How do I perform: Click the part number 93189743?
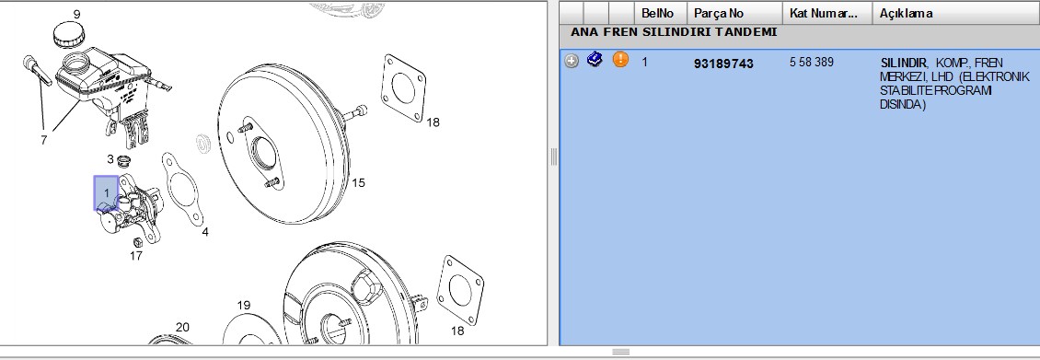point(723,64)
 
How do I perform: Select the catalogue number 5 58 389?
point(811,63)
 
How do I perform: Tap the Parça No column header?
point(718,13)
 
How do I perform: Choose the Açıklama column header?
point(906,13)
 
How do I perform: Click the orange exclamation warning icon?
point(620,60)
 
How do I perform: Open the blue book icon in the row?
point(595,60)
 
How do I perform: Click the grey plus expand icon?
point(571,61)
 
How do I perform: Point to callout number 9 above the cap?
point(77,14)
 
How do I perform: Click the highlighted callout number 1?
point(106,193)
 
